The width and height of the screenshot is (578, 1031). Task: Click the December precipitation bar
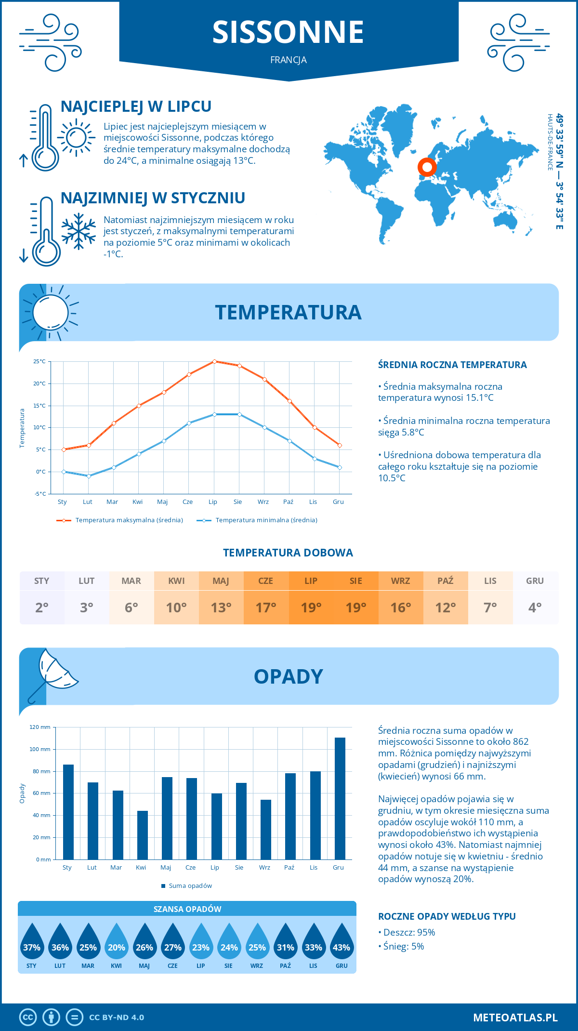point(340,798)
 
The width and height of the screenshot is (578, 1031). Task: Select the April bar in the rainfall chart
point(143,835)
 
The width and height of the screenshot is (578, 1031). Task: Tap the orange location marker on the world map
point(427,167)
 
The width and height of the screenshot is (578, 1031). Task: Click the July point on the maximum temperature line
point(214,361)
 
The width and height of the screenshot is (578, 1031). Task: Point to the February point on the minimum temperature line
point(89,476)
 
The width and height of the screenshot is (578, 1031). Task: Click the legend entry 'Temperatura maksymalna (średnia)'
point(120,520)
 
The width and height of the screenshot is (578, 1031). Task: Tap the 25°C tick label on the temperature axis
point(39,361)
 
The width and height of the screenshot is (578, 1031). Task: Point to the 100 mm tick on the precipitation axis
point(40,749)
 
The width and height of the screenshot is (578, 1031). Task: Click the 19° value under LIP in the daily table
point(311,608)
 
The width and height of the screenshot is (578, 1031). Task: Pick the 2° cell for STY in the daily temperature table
point(42,608)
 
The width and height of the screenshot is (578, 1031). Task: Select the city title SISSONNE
point(288,32)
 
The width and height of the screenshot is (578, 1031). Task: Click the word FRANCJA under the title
point(289,60)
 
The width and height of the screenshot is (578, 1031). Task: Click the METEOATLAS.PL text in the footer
point(515,1018)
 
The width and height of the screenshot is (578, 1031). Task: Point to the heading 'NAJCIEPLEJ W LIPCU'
point(136,106)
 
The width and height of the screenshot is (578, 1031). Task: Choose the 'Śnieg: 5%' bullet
point(401,946)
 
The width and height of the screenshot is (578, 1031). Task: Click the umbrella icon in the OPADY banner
point(53,672)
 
